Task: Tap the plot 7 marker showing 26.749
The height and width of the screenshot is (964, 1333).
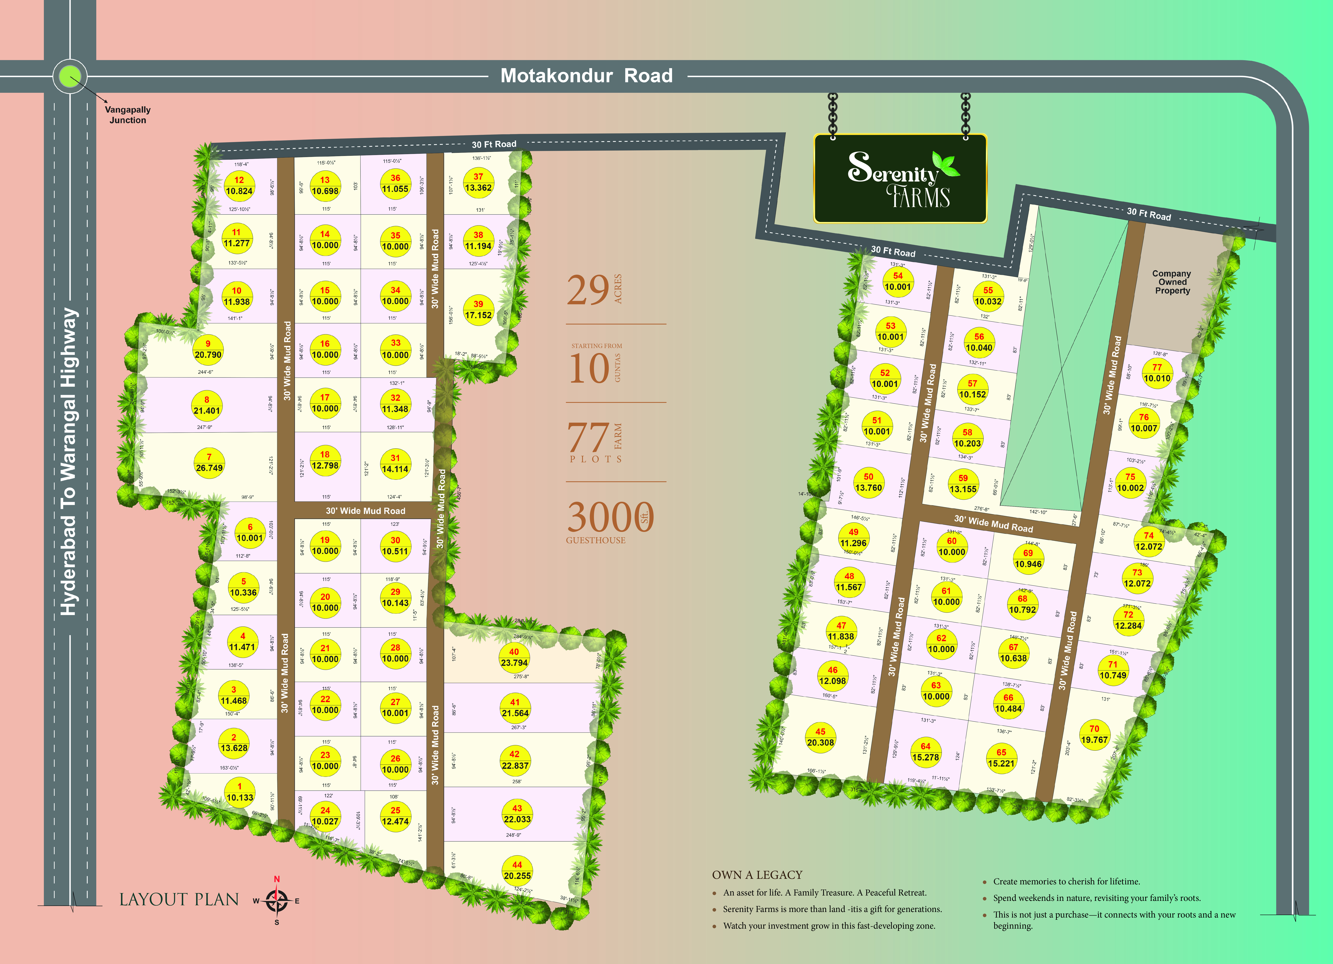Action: pyautogui.click(x=209, y=463)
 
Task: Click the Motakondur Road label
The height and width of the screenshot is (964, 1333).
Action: pyautogui.click(x=587, y=76)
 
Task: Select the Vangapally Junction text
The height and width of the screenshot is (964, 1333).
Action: pyautogui.click(x=128, y=115)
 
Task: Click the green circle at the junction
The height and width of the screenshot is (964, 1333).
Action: pyautogui.click(x=70, y=76)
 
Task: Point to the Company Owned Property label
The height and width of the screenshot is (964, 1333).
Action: pyautogui.click(x=1172, y=282)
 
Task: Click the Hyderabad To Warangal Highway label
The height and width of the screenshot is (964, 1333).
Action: pyautogui.click(x=69, y=461)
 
